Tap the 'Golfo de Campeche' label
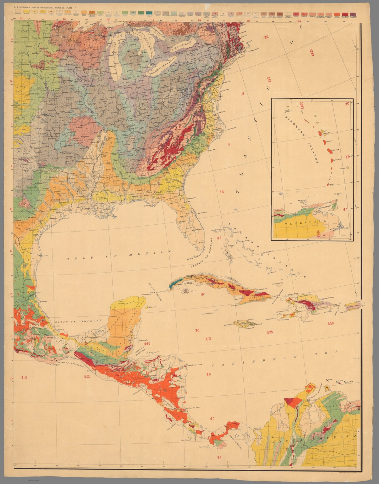78,321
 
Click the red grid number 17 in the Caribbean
208,339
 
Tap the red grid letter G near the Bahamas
219,238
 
